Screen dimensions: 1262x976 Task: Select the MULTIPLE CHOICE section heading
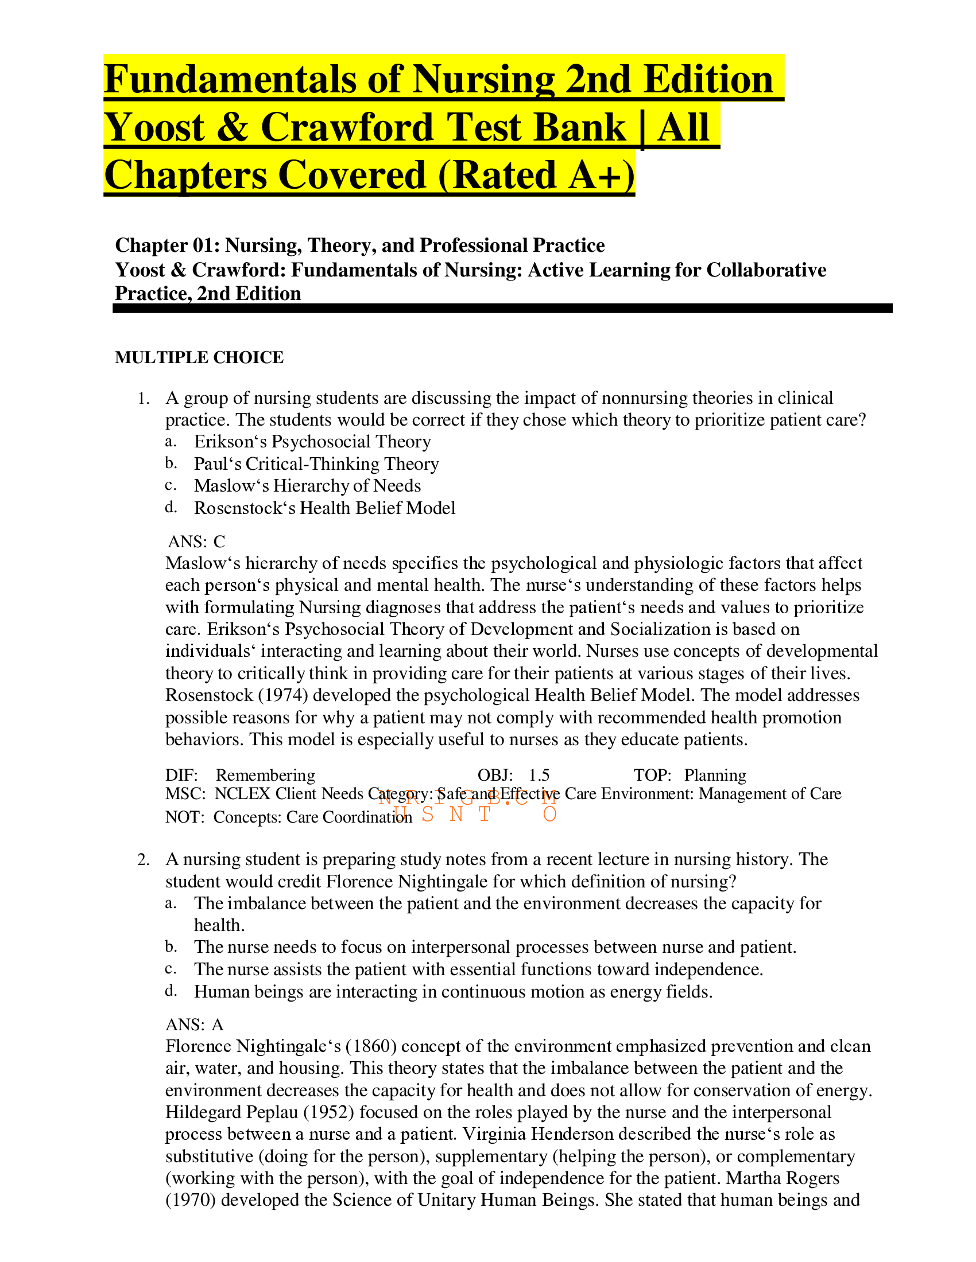pyautogui.click(x=199, y=358)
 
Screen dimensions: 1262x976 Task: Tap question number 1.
pyautogui.click(x=144, y=399)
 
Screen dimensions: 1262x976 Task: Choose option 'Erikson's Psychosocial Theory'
pyautogui.click(x=312, y=442)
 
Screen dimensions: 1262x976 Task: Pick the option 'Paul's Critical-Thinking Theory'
pyautogui.click(x=316, y=464)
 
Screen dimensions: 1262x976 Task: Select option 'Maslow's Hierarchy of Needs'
pyautogui.click(x=307, y=486)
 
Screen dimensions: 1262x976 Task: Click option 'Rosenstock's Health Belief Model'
pyautogui.click(x=324, y=508)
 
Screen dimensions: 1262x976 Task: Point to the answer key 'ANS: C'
pyautogui.click(x=196, y=542)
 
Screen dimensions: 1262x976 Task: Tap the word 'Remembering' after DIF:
pyautogui.click(x=265, y=776)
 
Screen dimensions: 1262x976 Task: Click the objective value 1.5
pyautogui.click(x=539, y=776)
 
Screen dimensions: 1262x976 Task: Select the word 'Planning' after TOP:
pyautogui.click(x=715, y=776)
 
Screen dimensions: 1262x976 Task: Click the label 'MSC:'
pyautogui.click(x=185, y=794)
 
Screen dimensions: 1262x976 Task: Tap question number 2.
pyautogui.click(x=144, y=860)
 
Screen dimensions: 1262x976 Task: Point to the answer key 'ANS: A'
pyautogui.click(x=194, y=1025)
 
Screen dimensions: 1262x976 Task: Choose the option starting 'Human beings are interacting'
pyautogui.click(x=453, y=992)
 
